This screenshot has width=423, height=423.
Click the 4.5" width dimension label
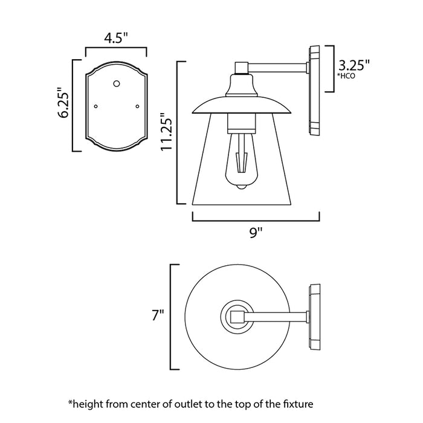[116, 39]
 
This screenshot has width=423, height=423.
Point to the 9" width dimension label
[256, 231]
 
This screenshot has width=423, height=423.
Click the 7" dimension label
[159, 315]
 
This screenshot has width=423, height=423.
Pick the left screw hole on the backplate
[95, 106]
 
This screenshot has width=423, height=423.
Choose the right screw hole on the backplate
[138, 106]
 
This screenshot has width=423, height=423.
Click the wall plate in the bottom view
[315, 316]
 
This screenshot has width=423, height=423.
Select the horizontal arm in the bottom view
[275, 316]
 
